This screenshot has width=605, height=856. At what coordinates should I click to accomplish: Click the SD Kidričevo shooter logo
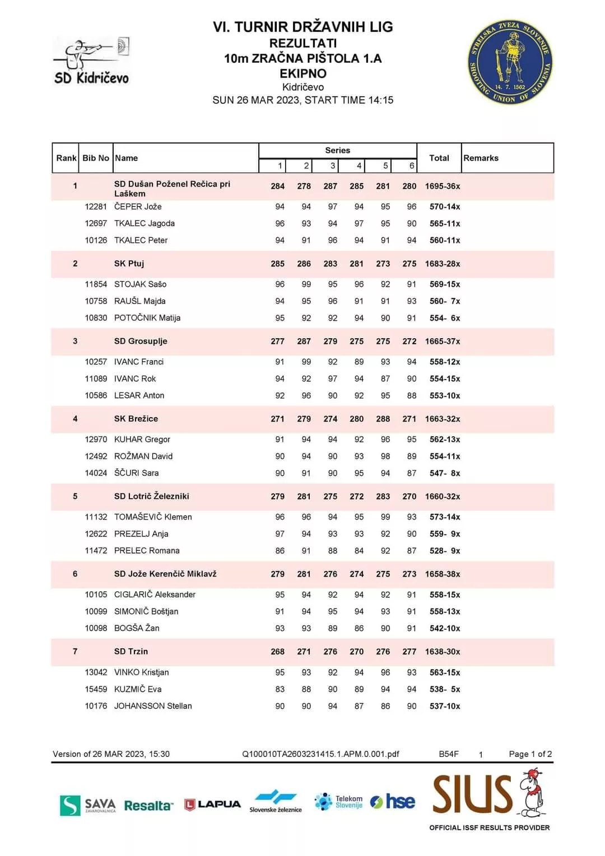click(x=91, y=62)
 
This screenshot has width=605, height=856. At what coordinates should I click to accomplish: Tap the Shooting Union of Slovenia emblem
click(x=510, y=63)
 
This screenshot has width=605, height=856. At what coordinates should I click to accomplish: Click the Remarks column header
click(x=481, y=158)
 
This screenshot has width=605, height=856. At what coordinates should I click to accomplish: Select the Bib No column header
click(x=96, y=158)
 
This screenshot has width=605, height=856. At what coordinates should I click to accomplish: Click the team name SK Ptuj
click(x=129, y=264)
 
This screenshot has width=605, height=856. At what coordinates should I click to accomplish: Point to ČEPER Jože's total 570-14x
click(x=445, y=207)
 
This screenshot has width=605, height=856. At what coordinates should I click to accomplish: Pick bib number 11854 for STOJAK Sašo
click(x=96, y=284)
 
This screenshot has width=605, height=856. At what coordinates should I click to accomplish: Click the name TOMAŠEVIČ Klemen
click(x=153, y=517)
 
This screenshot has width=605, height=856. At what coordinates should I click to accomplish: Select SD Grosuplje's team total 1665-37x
click(x=443, y=342)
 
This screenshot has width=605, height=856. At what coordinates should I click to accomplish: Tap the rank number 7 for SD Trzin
click(x=75, y=652)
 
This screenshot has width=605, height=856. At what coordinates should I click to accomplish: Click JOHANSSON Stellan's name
click(x=153, y=706)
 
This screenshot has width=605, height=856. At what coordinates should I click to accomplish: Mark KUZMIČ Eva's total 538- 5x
click(x=445, y=689)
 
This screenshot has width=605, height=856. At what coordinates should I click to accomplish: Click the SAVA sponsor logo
click(x=88, y=805)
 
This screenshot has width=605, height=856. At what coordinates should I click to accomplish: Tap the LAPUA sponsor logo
click(x=213, y=804)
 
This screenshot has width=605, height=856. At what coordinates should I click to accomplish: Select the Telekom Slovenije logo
click(x=339, y=802)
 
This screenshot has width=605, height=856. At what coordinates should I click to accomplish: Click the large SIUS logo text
click(x=472, y=794)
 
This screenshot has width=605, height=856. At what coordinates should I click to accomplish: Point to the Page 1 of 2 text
click(x=530, y=754)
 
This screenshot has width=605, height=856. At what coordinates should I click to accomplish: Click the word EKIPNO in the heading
click(x=303, y=73)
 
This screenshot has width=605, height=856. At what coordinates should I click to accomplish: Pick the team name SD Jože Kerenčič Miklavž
click(x=165, y=574)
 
